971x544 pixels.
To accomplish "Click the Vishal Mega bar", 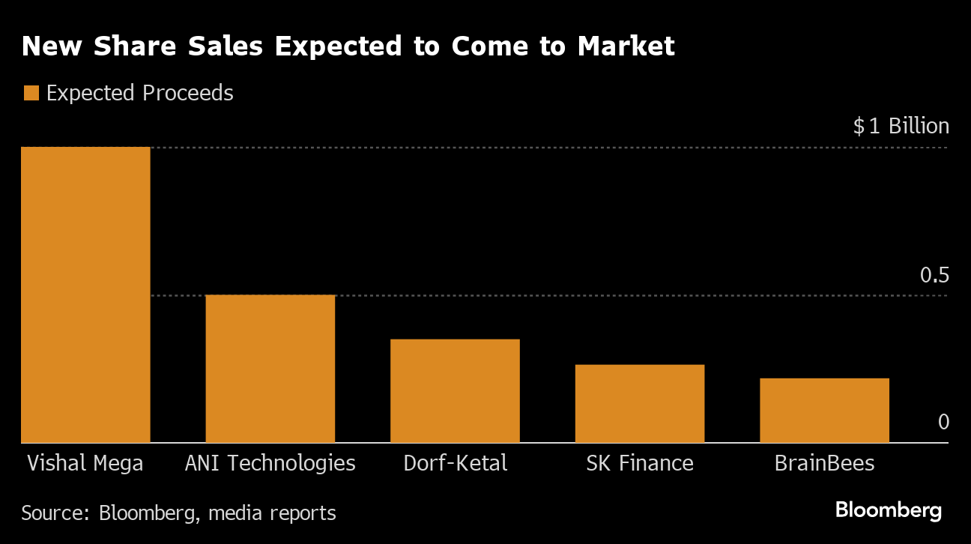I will coord(85,294).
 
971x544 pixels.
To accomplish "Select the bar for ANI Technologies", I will coord(270,369).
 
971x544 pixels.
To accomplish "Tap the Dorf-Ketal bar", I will coord(455,390).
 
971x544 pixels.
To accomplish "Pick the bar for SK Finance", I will coord(640,403).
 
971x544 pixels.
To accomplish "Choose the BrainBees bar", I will coord(824,410).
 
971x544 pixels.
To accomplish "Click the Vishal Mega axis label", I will coord(85,463).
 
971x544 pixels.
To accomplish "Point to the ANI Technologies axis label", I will coord(270,463).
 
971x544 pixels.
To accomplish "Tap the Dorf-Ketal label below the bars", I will coord(455,463).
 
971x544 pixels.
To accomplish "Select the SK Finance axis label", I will coord(640,463).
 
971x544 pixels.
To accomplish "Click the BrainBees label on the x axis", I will coord(824,463).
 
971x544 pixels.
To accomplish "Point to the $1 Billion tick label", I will coord(901,126).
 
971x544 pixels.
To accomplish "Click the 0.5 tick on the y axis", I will coord(934,276).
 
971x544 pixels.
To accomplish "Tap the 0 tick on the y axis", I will coord(943,422).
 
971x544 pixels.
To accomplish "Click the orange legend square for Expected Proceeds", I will coord(31,93).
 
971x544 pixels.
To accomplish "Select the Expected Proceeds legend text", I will coord(139,93).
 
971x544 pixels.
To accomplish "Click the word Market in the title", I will coord(626,46).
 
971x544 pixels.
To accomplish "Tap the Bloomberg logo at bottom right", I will coord(888,511).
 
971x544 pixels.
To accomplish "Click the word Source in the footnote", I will coord(53,513).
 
